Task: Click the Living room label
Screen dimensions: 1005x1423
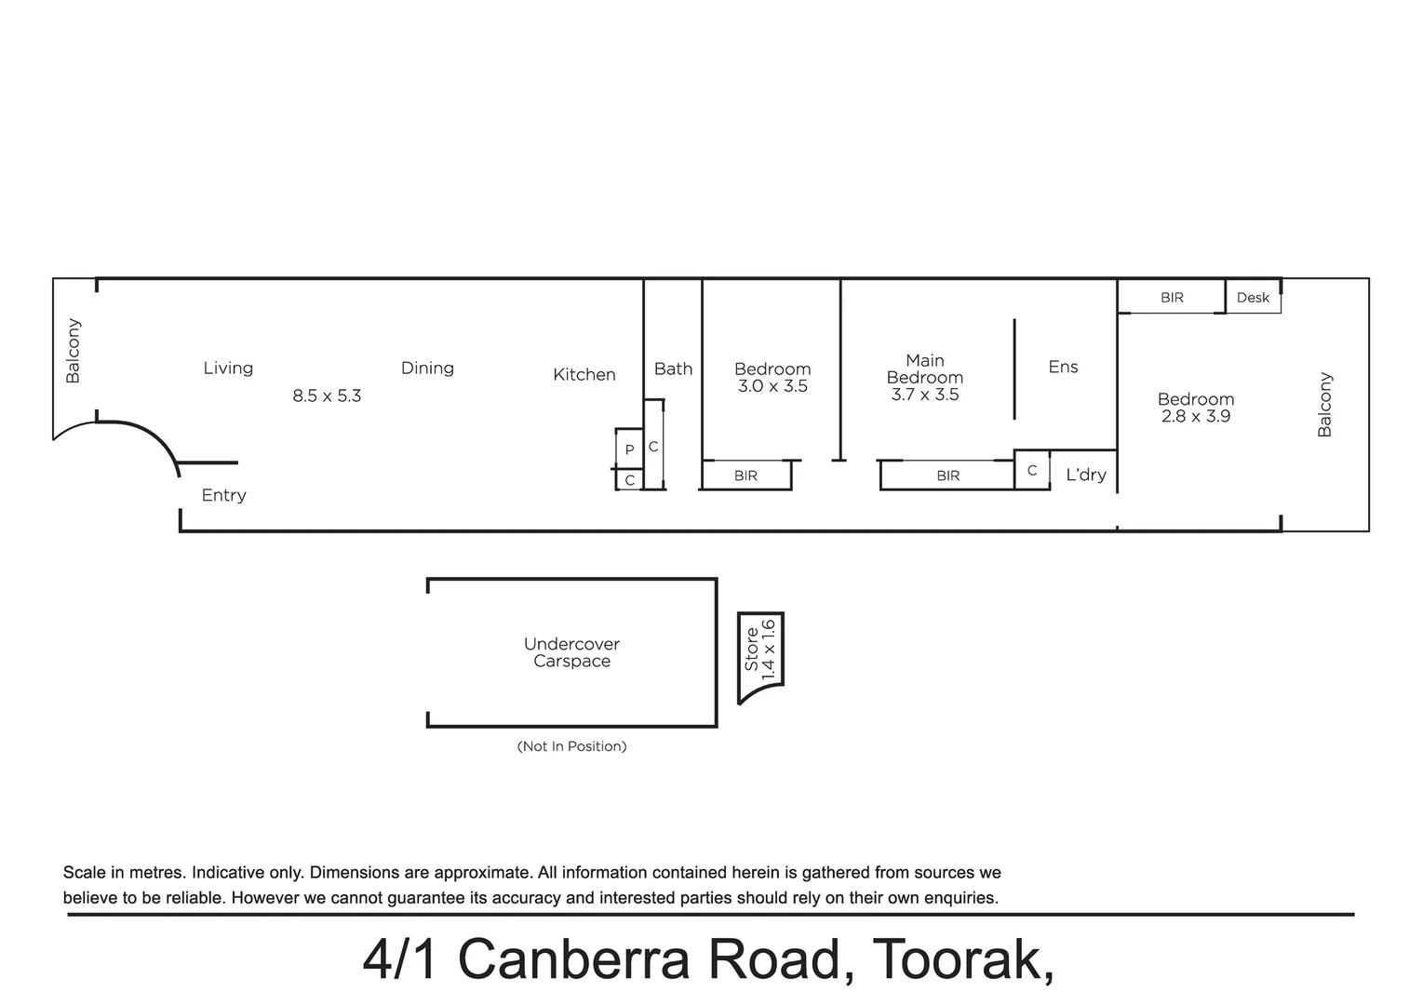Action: point(228,368)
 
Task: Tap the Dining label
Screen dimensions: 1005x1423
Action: point(427,368)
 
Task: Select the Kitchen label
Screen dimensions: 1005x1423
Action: point(584,375)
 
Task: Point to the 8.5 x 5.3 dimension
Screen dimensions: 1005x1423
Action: point(327,395)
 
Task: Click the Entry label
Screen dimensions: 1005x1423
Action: point(223,495)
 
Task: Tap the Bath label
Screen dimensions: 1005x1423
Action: point(673,369)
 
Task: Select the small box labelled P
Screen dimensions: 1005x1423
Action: point(629,449)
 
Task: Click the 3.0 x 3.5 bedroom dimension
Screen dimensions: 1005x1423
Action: point(772,386)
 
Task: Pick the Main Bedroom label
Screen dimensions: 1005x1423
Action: point(924,368)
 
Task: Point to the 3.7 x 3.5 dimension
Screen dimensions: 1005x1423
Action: point(924,395)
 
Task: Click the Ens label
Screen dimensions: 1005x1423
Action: point(1063,367)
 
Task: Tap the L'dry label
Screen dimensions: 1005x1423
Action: point(1085,475)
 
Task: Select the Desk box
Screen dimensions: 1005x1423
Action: point(1253,298)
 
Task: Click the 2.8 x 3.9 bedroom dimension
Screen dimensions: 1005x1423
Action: point(1195,416)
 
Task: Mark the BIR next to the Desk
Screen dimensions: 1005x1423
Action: point(1172,298)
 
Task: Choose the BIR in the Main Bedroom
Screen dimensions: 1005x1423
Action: point(947,476)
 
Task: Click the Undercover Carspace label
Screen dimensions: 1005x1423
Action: point(571,652)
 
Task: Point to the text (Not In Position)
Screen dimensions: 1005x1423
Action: point(571,746)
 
